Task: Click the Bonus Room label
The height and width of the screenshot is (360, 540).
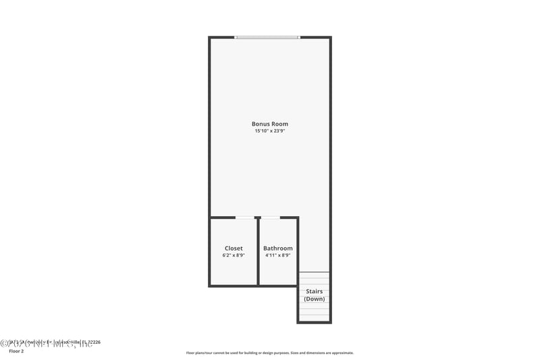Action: click(270, 124)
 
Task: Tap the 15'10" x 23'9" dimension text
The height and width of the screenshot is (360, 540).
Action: click(270, 132)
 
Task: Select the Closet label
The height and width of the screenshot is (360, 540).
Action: click(234, 249)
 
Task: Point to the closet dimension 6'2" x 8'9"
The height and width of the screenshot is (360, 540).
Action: click(234, 256)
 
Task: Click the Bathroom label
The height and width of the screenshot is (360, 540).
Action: click(278, 249)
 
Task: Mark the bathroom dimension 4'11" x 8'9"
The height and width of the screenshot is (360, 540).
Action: click(278, 256)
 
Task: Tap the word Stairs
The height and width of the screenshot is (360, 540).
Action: click(315, 292)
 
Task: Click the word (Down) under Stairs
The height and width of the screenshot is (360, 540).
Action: click(315, 299)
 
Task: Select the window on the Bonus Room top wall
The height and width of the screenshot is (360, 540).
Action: click(267, 37)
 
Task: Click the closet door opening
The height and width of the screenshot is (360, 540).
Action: click(245, 217)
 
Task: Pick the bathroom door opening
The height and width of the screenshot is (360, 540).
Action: click(270, 217)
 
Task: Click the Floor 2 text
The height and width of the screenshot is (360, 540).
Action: click(16, 351)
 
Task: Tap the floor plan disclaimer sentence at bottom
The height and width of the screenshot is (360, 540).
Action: click(270, 353)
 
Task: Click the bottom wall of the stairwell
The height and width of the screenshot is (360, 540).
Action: click(315, 322)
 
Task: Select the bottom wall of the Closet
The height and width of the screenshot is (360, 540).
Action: click(234, 285)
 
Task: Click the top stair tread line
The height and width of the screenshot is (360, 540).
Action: click(315, 272)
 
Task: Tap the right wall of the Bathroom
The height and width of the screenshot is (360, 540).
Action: click(298, 250)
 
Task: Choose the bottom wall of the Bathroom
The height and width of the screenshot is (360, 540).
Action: click(278, 285)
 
